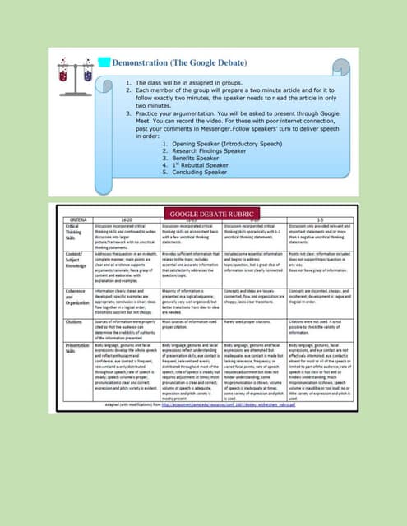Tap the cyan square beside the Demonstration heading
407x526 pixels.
(104, 62)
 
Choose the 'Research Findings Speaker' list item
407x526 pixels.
(205, 151)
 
